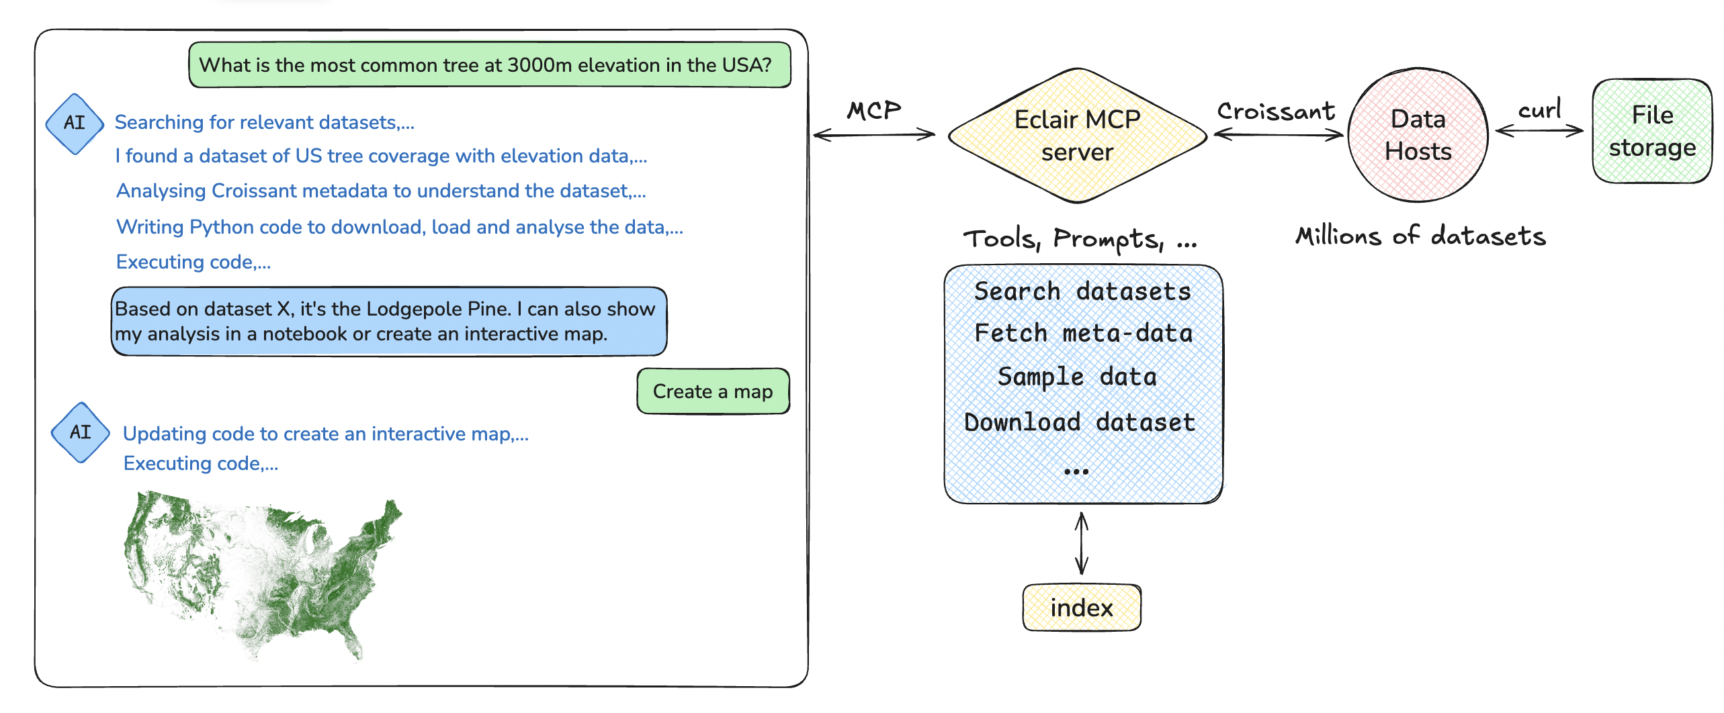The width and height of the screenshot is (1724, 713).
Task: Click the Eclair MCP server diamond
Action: pos(1078,136)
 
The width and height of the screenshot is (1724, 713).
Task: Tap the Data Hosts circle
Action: pos(1418,135)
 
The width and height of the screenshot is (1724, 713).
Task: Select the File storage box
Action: pos(1652,132)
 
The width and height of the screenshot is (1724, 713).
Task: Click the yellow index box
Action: pos(1082,608)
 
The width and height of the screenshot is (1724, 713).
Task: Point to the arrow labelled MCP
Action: pos(874,135)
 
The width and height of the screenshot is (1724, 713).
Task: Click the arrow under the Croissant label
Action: pos(1278,135)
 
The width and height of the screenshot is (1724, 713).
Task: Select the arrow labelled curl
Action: pos(1539,131)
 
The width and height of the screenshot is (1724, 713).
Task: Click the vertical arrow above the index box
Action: pos(1082,543)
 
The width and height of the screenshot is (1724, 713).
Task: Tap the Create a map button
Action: pos(713,391)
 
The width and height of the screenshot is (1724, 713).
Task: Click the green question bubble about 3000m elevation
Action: pos(490,65)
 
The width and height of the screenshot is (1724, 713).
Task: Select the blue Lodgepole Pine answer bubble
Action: pos(389,322)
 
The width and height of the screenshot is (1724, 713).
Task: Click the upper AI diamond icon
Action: pos(75,124)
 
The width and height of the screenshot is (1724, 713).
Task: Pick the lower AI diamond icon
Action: pos(81,432)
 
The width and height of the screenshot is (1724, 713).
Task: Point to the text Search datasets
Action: pos(1082,291)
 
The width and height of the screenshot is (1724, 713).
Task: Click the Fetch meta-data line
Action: pos(1083,334)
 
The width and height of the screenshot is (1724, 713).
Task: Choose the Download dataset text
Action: pos(1080,422)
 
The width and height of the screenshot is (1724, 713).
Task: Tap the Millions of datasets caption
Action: pos(1420,236)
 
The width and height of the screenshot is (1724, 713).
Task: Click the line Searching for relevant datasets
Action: pos(265,123)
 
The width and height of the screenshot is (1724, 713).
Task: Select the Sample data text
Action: pos(1077,377)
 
